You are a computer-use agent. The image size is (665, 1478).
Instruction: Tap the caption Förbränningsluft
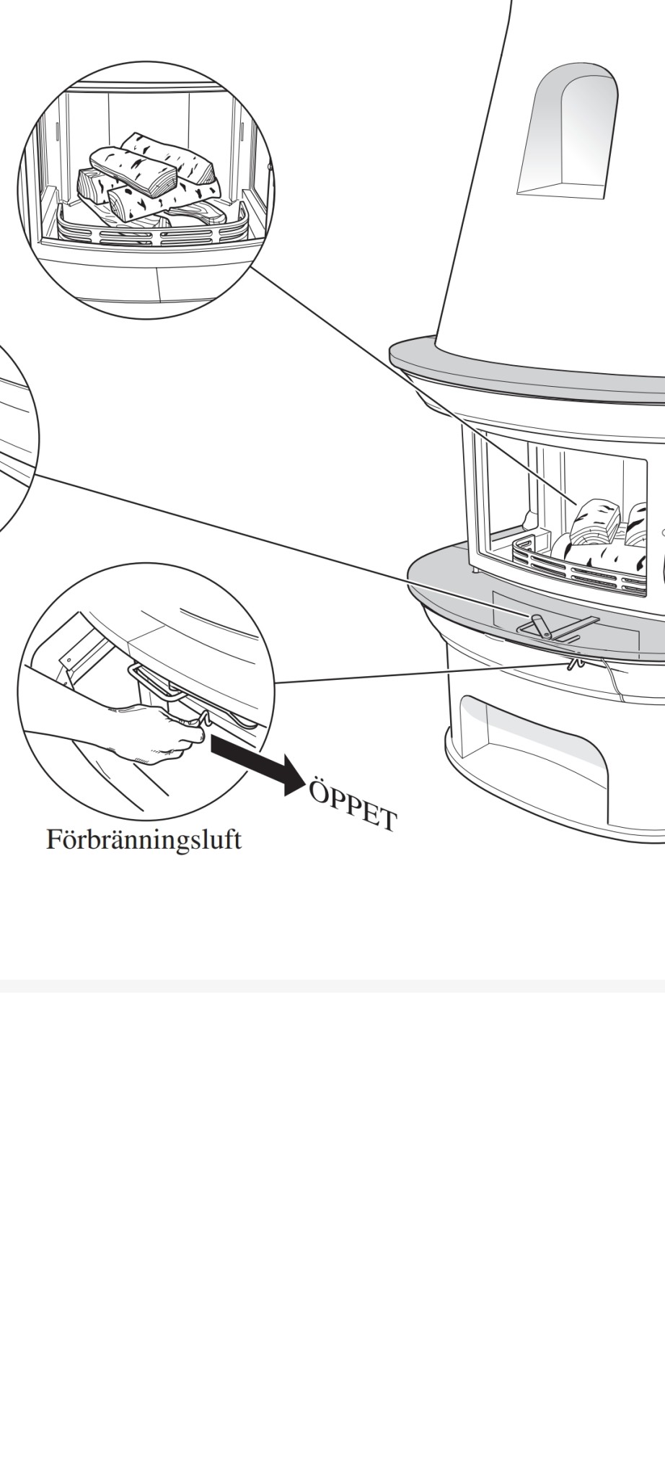144,840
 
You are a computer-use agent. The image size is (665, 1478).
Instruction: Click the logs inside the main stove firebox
613,534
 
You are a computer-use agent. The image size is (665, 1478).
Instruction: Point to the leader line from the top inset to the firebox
413,384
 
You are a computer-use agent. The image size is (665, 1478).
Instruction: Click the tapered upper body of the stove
548,180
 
